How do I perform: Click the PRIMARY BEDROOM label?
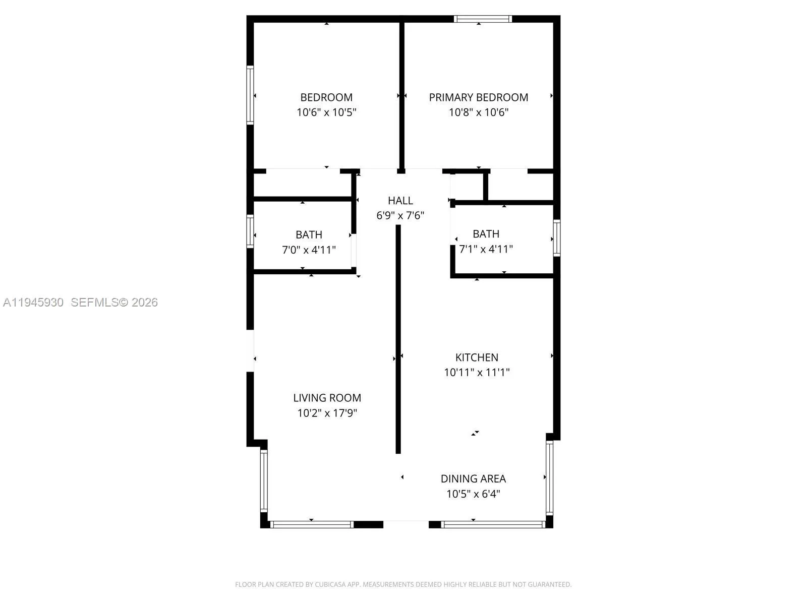pyautogui.click(x=478, y=97)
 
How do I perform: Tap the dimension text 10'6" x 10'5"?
pyautogui.click(x=326, y=112)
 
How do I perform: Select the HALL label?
pyautogui.click(x=400, y=201)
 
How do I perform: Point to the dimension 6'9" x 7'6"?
pyautogui.click(x=400, y=216)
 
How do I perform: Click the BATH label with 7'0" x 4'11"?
pyautogui.click(x=309, y=235)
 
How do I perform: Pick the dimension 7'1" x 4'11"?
pyautogui.click(x=486, y=249)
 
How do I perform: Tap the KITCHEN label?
pyautogui.click(x=477, y=357)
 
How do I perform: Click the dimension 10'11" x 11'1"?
pyautogui.click(x=477, y=373)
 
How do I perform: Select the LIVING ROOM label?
pyautogui.click(x=327, y=398)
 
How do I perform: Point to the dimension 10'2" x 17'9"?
pyautogui.click(x=327, y=413)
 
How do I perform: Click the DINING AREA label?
pyautogui.click(x=473, y=479)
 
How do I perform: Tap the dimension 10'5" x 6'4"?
pyautogui.click(x=473, y=494)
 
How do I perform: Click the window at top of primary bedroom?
pyautogui.click(x=483, y=19)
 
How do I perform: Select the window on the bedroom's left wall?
pyautogui.click(x=250, y=94)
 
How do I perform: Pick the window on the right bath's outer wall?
pyautogui.click(x=557, y=238)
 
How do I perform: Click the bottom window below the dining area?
pyautogui.click(x=493, y=525)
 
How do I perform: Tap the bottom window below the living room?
pyautogui.click(x=312, y=525)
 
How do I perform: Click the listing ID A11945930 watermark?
pyautogui.click(x=33, y=302)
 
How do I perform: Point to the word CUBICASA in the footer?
pyautogui.click(x=331, y=585)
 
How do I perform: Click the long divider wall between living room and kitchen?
pyautogui.click(x=398, y=338)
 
